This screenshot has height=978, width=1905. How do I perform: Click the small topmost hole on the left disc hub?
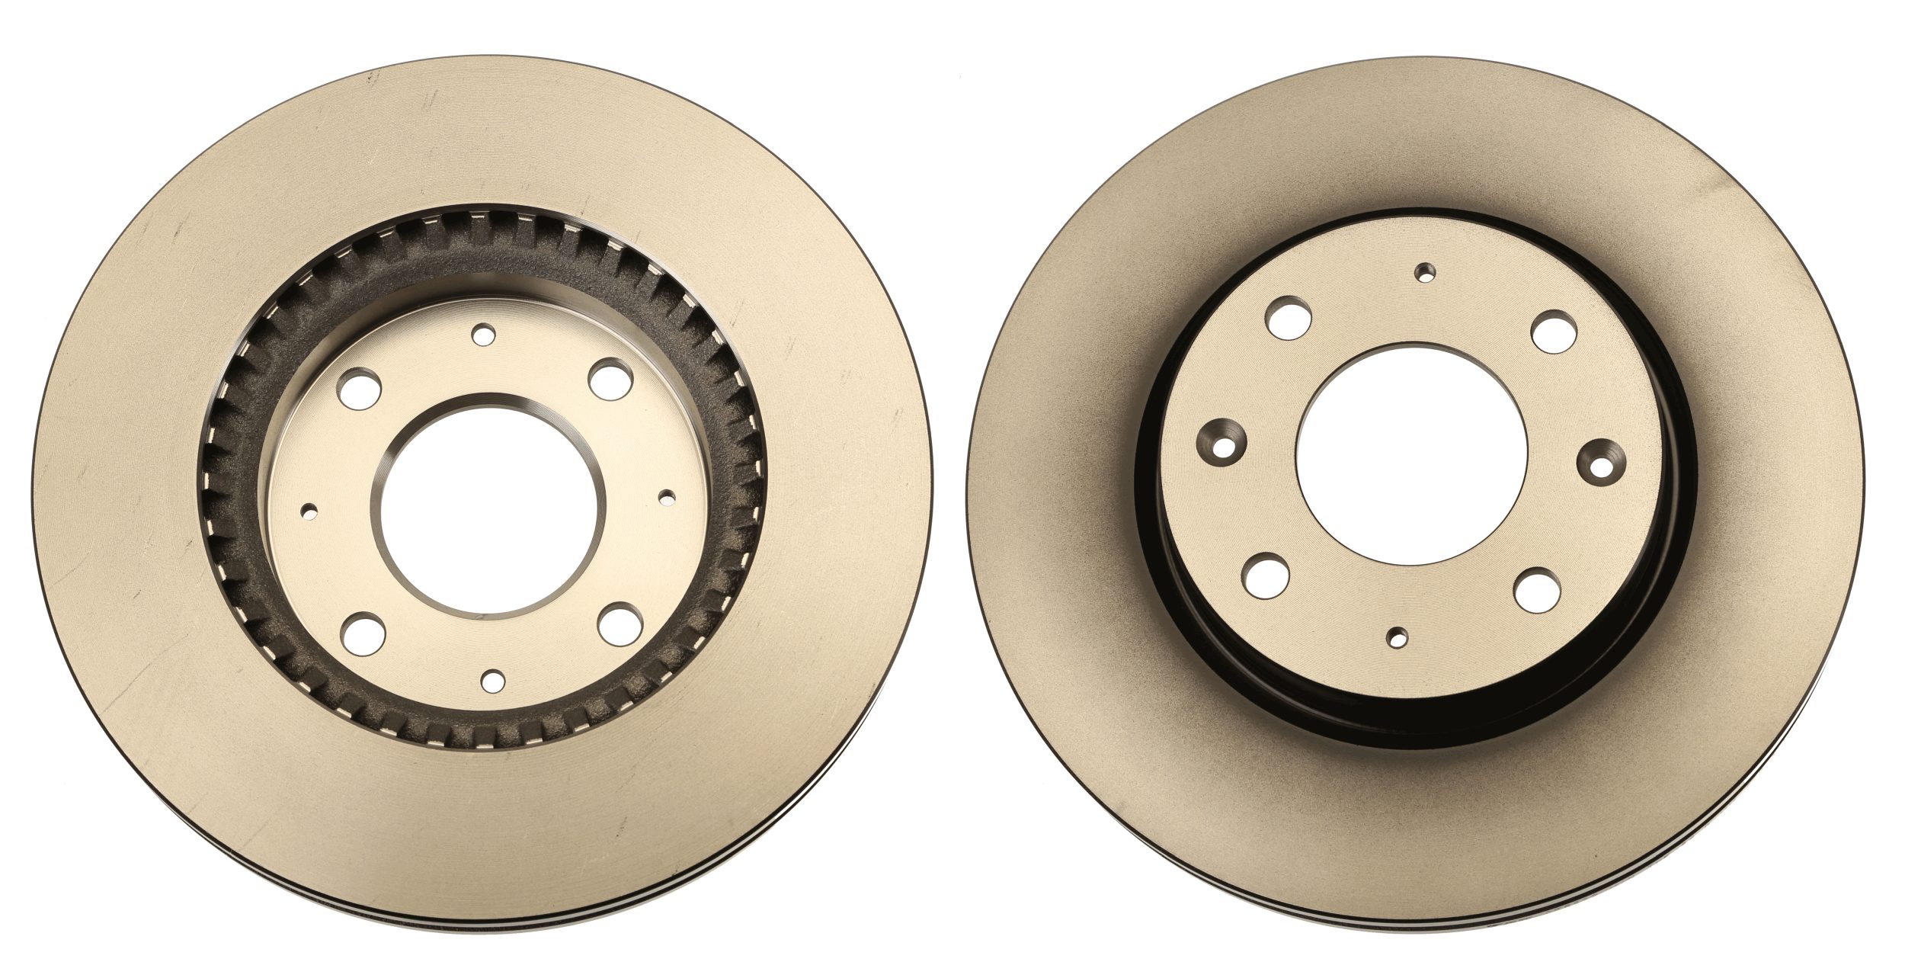483,334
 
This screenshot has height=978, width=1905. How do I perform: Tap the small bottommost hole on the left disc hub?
494,678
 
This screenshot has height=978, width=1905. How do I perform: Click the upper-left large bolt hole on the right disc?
1289,318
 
